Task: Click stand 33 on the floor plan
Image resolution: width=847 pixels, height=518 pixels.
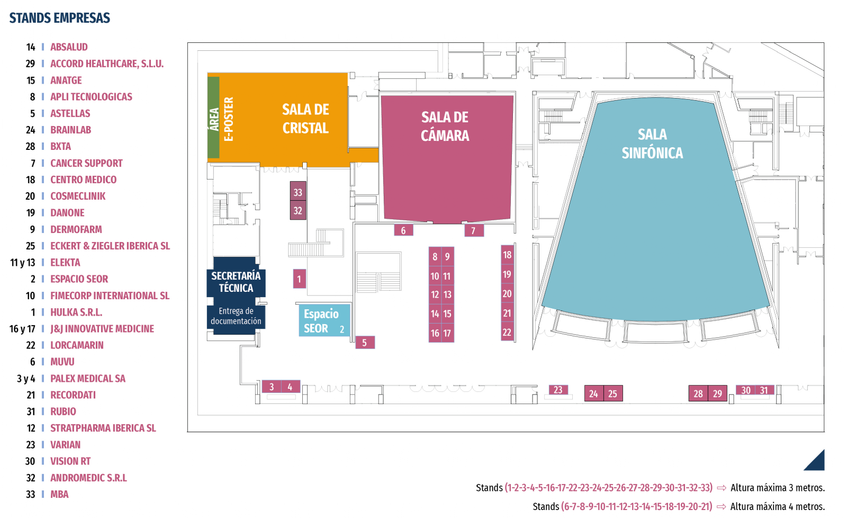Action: click(298, 192)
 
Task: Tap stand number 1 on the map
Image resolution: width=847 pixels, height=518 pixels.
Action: click(299, 279)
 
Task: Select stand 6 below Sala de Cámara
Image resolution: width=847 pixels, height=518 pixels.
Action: click(403, 230)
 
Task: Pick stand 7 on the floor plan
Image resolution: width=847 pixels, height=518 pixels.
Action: click(473, 230)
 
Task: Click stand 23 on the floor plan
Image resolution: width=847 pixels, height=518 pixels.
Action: click(558, 390)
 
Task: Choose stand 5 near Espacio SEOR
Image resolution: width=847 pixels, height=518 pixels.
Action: click(365, 343)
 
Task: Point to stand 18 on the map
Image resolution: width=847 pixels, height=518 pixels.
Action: click(507, 255)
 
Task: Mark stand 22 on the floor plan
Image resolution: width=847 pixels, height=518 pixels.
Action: click(507, 332)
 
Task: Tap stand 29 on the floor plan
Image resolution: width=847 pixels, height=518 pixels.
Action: click(717, 394)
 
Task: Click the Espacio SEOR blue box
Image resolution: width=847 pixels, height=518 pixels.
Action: click(324, 320)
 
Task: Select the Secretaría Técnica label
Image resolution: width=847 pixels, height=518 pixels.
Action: click(236, 282)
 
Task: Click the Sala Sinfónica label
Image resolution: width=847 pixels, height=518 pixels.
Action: click(652, 144)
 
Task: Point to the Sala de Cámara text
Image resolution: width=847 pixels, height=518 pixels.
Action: click(445, 127)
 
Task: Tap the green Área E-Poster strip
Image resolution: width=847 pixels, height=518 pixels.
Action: click(214, 117)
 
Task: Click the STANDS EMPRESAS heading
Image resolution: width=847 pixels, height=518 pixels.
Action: click(60, 18)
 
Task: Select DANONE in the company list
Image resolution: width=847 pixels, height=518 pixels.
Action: click(67, 212)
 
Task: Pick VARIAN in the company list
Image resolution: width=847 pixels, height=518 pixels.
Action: click(66, 444)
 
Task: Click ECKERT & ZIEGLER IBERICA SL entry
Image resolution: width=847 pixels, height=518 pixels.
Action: click(110, 246)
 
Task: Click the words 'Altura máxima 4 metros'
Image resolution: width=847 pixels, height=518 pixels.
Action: click(777, 506)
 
